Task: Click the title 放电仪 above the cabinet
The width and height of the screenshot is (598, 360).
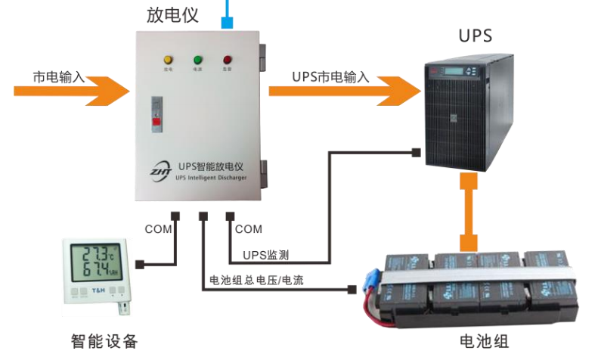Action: [x=172, y=14]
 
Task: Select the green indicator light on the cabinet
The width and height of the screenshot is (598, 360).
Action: [x=197, y=58]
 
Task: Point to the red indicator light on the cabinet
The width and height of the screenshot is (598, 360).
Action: [x=227, y=58]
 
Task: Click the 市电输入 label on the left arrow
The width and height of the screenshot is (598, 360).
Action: [x=58, y=76]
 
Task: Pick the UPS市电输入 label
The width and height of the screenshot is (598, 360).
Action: [x=330, y=76]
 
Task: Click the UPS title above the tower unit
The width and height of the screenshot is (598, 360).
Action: [x=476, y=36]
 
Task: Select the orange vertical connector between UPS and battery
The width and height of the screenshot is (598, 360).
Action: [x=469, y=213]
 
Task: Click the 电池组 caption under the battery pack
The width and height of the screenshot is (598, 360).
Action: [x=485, y=341]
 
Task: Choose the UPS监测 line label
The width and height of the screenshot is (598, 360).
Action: [x=265, y=255]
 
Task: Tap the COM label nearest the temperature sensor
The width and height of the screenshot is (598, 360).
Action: [x=158, y=228]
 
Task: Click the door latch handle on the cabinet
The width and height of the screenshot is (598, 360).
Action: [x=156, y=110]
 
